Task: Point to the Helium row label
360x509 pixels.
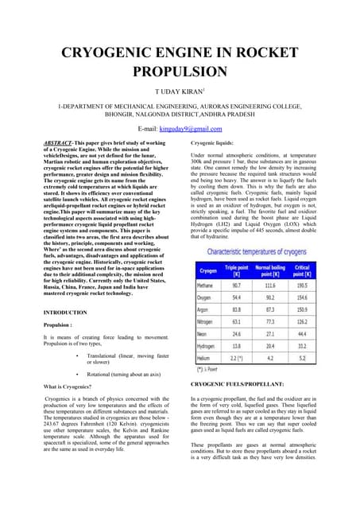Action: tap(208, 359)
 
